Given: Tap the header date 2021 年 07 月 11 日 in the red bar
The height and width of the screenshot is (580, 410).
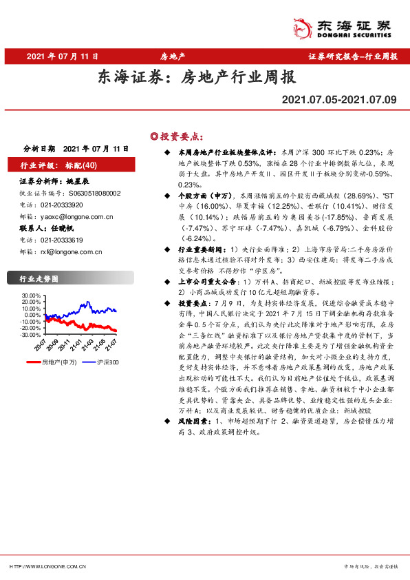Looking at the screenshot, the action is point(63,56).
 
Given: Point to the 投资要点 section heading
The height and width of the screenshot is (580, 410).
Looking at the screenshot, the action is point(181,136).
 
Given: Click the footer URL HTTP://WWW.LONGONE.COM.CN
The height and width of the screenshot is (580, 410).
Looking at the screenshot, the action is point(47,566).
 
